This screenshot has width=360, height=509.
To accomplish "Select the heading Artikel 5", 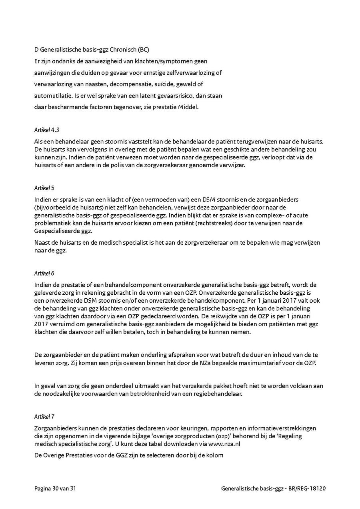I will click(x=42, y=188).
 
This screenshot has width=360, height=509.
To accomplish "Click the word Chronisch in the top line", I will click(x=122, y=50).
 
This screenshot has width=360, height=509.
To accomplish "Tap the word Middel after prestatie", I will click(x=190, y=108).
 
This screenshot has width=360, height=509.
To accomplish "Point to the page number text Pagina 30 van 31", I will click(x=54, y=489).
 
